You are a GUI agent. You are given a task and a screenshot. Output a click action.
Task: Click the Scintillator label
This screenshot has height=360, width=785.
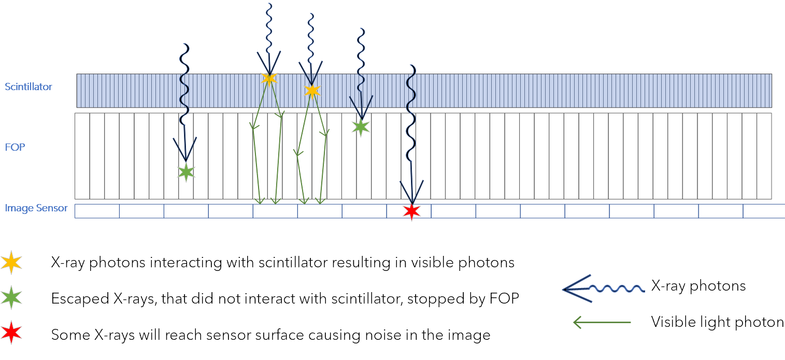click(28, 87)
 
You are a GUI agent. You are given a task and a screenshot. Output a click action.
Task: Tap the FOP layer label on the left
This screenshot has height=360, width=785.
click(15, 147)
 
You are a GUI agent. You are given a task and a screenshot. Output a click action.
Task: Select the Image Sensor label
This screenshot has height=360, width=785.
click(36, 208)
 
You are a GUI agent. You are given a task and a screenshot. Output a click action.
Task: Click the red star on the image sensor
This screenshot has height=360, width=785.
click(411, 211)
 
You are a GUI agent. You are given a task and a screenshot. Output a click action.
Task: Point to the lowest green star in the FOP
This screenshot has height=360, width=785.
click(185, 172)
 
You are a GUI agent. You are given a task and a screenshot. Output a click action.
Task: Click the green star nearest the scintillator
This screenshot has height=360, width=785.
click(360, 126)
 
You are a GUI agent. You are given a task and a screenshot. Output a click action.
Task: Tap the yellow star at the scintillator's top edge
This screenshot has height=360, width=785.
click(268, 78)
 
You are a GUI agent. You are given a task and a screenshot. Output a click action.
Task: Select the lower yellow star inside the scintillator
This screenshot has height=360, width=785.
click(311, 91)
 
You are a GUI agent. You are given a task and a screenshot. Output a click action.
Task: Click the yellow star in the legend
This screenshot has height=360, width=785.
click(12, 262)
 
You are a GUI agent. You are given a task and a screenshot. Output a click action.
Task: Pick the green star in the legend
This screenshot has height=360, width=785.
click(12, 298)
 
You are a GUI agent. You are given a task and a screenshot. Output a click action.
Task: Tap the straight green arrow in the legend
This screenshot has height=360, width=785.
click(602, 323)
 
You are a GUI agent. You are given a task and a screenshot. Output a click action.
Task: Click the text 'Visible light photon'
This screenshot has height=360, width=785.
click(717, 322)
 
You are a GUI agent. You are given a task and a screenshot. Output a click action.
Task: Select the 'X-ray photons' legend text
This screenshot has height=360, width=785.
click(698, 285)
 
